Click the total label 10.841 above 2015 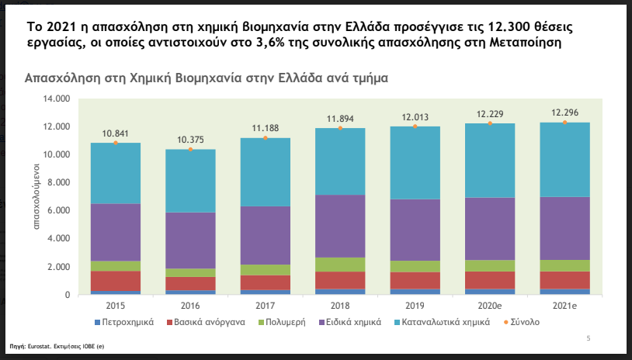[x=116, y=133]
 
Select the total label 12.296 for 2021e [x=564, y=112]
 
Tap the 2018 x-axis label [x=340, y=305]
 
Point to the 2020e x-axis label [x=490, y=305]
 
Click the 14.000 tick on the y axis [x=57, y=99]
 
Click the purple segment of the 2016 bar [x=190, y=240]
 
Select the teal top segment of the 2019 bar [x=415, y=162]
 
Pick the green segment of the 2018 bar [x=340, y=265]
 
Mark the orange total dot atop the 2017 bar [x=266, y=138]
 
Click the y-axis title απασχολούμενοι [x=36, y=197]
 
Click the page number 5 [x=589, y=338]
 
